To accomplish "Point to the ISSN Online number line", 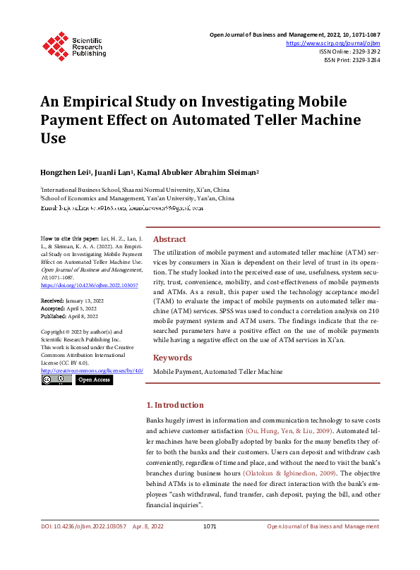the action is click(350, 52).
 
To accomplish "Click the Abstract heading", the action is click(170, 239).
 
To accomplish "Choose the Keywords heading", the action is click(173, 358).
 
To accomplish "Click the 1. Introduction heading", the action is click(175, 405).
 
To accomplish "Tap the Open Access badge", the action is click(94, 380).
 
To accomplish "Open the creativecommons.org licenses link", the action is click(92, 370).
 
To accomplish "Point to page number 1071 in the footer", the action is click(209, 526).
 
